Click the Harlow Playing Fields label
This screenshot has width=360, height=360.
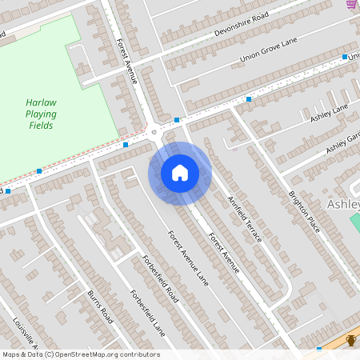click(40, 114)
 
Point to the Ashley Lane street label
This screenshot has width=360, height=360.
click(330, 113)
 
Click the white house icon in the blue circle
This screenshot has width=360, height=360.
click(180, 173)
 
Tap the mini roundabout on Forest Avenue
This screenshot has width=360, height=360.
click(153, 130)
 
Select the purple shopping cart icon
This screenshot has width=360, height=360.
click(351, 4)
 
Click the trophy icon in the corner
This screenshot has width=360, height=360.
click(350, 342)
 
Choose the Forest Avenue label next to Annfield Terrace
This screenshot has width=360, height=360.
click(224, 251)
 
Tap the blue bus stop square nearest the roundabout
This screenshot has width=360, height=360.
click(176, 121)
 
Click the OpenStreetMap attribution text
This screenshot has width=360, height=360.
click(81, 354)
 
